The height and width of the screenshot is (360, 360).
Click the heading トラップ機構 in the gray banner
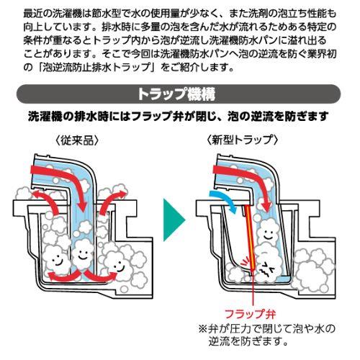[176, 94]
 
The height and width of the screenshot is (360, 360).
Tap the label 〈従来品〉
[77, 140]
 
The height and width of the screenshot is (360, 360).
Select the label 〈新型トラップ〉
[243, 140]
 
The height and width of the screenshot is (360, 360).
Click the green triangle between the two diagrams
[174, 220]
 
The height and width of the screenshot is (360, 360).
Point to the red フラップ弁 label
[251, 314]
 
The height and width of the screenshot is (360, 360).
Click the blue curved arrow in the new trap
[228, 199]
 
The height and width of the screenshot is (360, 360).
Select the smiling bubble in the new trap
[268, 233]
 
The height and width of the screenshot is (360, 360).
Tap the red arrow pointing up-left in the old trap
[47, 199]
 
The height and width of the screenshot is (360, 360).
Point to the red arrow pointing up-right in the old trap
[111, 199]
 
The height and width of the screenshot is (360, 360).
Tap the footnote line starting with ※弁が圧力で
[267, 329]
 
